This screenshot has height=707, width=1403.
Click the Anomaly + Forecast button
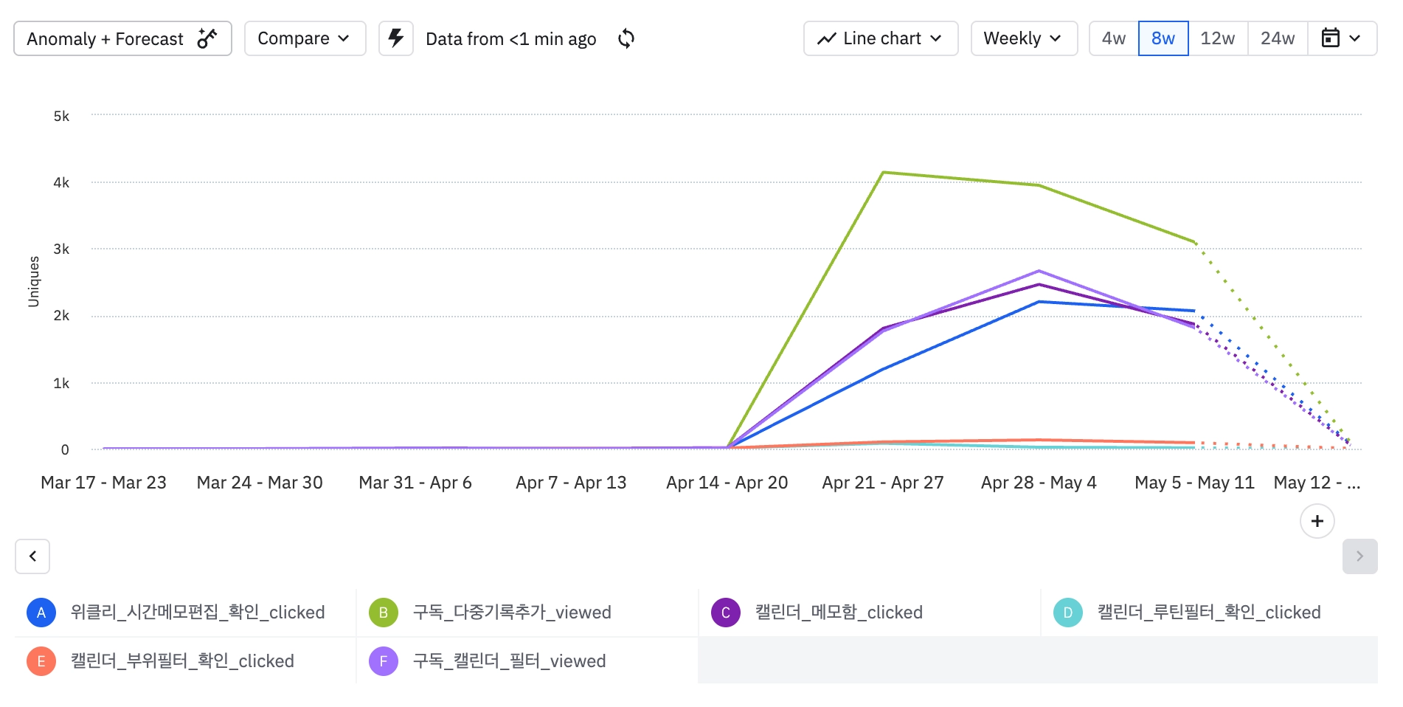point(122,38)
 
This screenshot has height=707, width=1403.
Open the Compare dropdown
point(305,38)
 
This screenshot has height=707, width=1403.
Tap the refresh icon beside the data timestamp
point(626,38)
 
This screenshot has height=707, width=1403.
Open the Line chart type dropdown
point(880,38)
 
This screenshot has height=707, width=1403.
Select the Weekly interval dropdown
point(1023,38)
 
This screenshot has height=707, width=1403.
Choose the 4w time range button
point(1113,38)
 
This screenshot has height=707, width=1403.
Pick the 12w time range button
point(1217,38)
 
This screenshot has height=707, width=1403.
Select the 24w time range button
point(1277,38)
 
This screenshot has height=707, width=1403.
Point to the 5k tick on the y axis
point(61,116)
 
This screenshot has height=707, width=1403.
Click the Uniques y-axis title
point(34,281)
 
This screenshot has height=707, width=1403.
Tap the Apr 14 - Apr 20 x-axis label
point(727,483)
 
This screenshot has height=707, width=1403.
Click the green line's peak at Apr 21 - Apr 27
point(883,173)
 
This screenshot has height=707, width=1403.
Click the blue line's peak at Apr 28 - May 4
point(1039,302)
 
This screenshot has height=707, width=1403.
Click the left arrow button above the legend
point(32,556)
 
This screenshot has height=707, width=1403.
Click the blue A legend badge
point(41,613)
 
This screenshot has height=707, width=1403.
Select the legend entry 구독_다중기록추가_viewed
point(512,613)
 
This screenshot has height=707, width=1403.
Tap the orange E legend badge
point(41,661)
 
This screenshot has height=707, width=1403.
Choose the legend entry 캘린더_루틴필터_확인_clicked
point(1208,613)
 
